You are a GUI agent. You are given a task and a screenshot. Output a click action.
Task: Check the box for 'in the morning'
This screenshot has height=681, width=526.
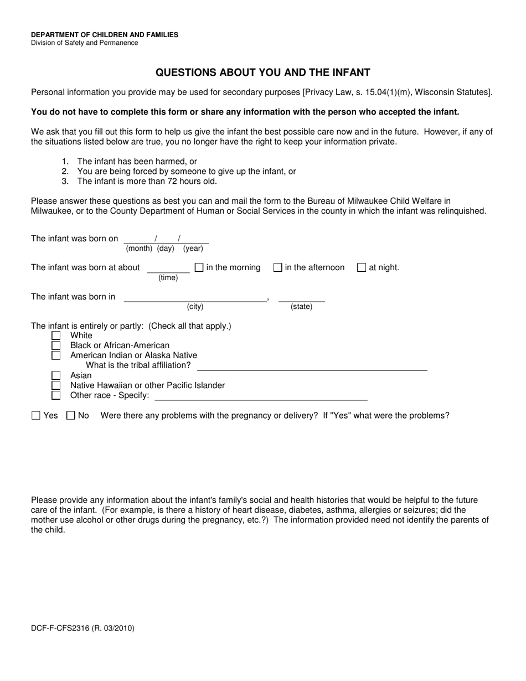(x=199, y=267)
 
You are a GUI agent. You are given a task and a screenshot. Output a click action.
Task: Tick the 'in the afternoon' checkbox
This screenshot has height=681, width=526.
(x=278, y=267)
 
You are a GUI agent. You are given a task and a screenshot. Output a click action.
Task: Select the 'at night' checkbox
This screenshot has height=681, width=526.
(x=362, y=267)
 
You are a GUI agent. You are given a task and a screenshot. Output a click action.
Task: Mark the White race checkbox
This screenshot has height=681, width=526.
(x=56, y=336)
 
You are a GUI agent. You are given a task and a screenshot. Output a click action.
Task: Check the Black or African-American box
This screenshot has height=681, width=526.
(x=56, y=345)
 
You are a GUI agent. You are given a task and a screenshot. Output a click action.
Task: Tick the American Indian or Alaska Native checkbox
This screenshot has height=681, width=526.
(x=56, y=355)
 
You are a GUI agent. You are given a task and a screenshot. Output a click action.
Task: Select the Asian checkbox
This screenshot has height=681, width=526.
(x=56, y=375)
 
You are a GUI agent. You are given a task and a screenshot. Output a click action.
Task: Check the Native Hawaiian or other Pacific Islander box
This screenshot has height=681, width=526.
(x=56, y=385)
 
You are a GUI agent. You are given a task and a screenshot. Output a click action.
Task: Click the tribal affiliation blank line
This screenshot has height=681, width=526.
(x=312, y=367)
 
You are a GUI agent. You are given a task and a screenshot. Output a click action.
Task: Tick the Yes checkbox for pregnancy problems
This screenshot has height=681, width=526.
(x=37, y=416)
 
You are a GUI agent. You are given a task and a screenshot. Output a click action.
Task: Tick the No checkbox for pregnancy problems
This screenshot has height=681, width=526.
(x=70, y=416)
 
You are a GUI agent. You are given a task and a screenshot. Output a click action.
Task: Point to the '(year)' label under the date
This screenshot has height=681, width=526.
(x=193, y=249)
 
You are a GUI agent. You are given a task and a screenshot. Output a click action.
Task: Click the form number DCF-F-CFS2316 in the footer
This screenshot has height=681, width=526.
(x=82, y=628)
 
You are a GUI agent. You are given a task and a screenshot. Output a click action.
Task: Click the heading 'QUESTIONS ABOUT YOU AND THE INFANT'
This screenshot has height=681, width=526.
(x=262, y=73)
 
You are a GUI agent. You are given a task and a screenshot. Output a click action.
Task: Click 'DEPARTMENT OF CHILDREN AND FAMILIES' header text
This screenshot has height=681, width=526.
(x=105, y=35)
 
